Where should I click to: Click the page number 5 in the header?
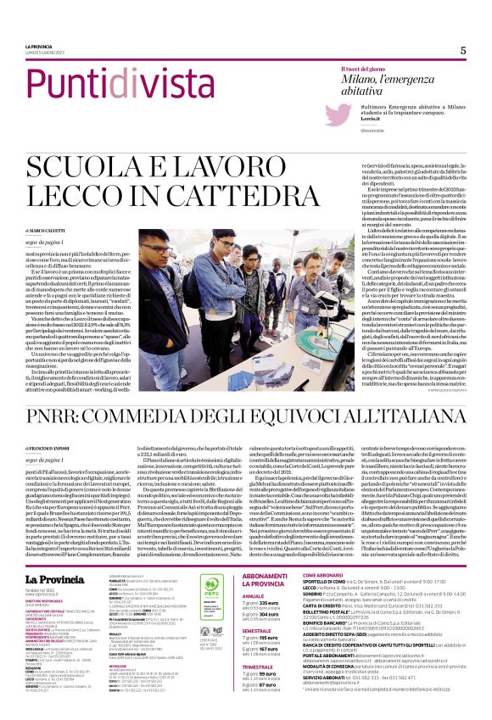pyautogui.click(x=463, y=50)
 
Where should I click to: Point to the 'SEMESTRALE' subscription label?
pyautogui.click(x=257, y=631)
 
